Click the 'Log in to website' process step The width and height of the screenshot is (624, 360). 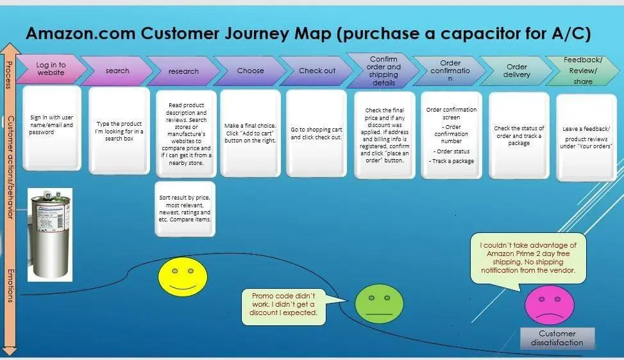50,69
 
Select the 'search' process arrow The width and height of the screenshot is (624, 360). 117,71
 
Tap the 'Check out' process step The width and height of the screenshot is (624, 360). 317,71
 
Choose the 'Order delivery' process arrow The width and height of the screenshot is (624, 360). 517,70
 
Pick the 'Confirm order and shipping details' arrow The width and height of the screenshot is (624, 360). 384,71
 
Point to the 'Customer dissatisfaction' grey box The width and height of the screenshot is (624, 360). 557,338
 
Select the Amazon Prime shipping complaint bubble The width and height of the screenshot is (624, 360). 528,257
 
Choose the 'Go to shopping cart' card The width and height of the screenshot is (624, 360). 317,133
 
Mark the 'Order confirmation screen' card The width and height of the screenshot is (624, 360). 451,135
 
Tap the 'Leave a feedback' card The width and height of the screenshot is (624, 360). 587,137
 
